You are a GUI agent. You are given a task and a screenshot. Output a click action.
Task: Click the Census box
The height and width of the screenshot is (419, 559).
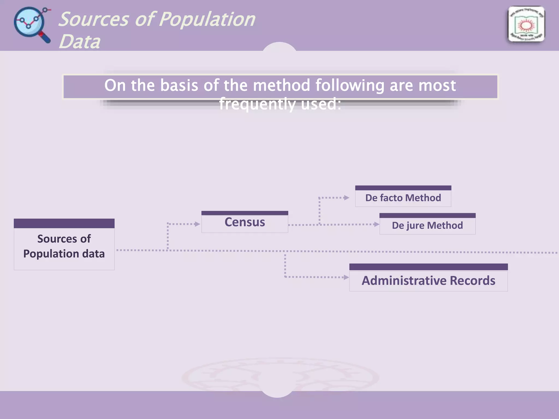245,222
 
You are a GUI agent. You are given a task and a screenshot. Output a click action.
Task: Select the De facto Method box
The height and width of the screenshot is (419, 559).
403,197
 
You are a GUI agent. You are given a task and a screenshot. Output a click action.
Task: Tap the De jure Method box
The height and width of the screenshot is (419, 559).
427,225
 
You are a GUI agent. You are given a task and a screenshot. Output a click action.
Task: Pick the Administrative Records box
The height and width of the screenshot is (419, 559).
428,280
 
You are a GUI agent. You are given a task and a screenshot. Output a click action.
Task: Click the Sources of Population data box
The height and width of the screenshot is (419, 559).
64,246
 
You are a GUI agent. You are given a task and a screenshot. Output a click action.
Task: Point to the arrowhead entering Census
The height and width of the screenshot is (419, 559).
198,224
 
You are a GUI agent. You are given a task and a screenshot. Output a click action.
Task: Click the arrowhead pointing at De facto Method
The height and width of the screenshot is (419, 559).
347,197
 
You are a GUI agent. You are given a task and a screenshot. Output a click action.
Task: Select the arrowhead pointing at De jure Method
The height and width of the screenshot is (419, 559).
377,224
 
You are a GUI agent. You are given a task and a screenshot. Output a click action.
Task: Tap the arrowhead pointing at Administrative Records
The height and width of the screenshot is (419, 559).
346,277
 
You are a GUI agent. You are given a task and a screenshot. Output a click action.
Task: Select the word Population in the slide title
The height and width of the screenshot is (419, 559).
207,20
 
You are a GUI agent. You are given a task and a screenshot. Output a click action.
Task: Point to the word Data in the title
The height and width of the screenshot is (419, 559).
79,42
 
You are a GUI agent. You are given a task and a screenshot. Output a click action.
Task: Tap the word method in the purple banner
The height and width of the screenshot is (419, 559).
281,85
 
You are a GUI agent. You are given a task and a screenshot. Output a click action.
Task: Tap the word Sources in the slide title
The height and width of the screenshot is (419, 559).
94,20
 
